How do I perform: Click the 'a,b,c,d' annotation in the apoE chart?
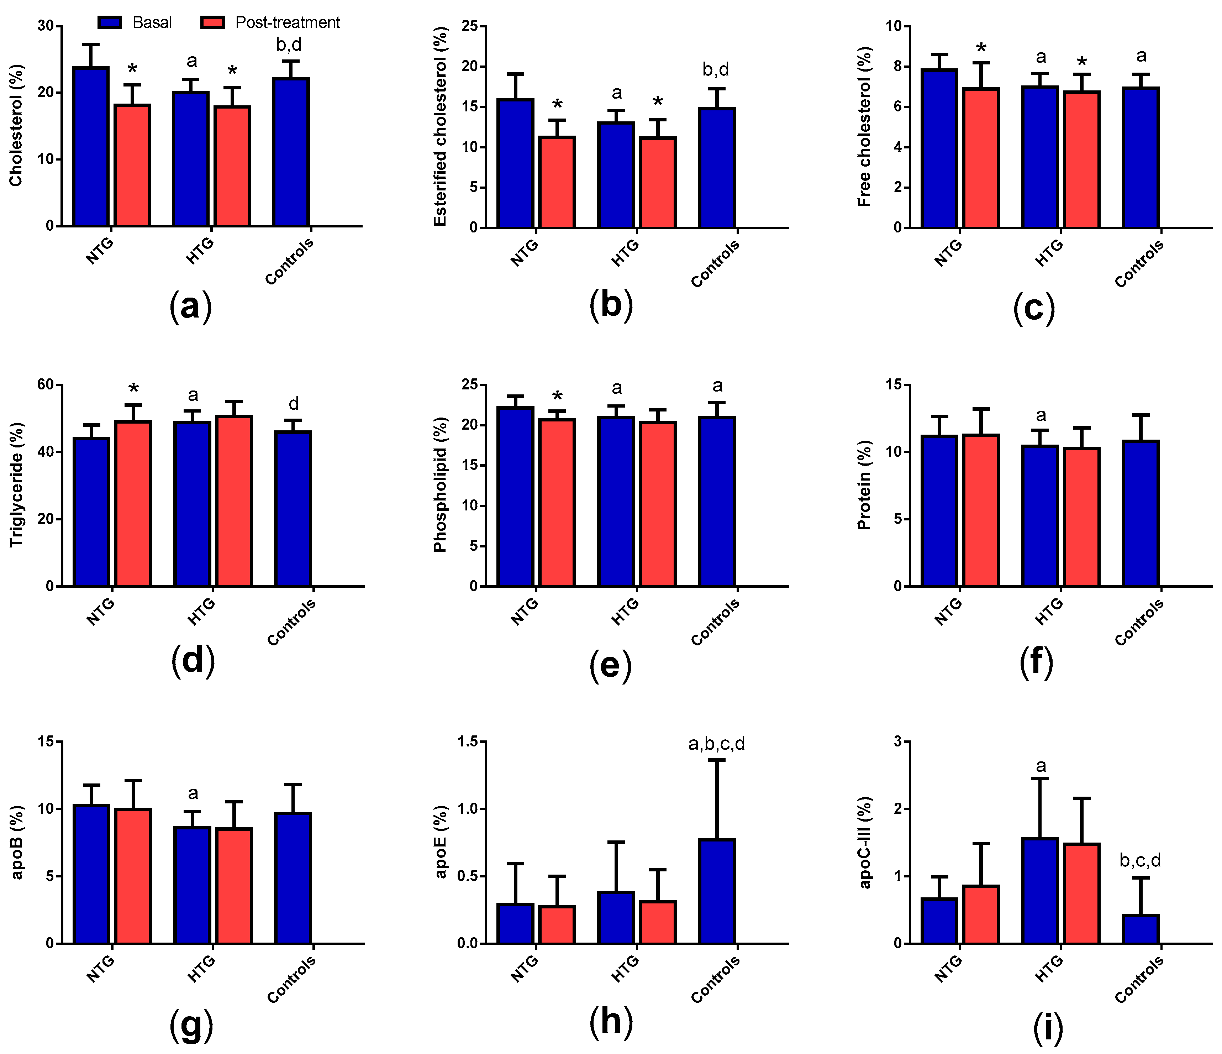coord(717,744)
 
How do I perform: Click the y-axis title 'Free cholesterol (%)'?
coord(864,127)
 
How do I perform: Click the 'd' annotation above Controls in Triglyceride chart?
coord(293,404)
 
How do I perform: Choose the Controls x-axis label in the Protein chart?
coord(1139,622)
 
